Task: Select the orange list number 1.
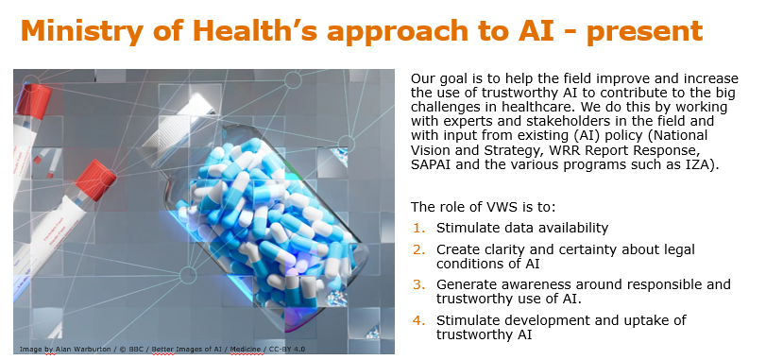tap(419, 228)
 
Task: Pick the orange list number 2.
tap(419, 249)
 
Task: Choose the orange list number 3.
tap(419, 284)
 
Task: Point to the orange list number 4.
tap(419, 320)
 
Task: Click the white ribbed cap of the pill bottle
tap(174, 126)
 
